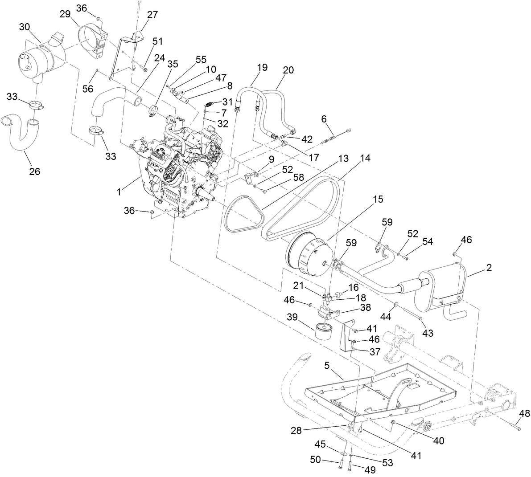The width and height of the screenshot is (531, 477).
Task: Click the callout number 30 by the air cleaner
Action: point(24,27)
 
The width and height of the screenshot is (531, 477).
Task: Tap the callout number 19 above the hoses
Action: point(262,68)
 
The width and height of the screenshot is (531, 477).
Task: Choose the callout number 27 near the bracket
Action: point(152,15)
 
